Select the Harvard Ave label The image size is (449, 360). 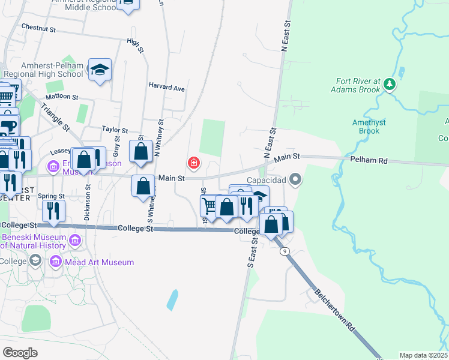pyautogui.click(x=167, y=88)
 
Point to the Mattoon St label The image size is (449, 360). pyautogui.click(x=62, y=96)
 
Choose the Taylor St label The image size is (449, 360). pyautogui.click(x=115, y=130)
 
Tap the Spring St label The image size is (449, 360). pyautogui.click(x=51, y=196)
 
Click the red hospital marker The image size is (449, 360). pyautogui.click(x=194, y=162)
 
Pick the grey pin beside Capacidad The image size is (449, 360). pyautogui.click(x=295, y=179)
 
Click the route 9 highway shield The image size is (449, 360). pyautogui.click(x=285, y=250)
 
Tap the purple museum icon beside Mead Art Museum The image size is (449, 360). pyautogui.click(x=56, y=262)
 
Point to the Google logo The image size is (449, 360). pyautogui.click(x=20, y=352)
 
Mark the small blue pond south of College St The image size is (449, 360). pyautogui.click(x=173, y=299)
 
